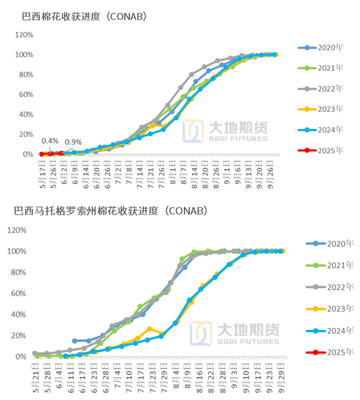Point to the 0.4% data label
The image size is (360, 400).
(x=49, y=141)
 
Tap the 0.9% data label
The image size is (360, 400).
(x=73, y=142)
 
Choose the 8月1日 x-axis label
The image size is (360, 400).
(x=172, y=172)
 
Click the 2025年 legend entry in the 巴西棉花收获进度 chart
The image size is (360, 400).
(x=321, y=150)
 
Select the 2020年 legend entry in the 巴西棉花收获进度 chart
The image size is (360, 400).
(x=321, y=48)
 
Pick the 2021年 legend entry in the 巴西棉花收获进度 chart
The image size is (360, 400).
(x=321, y=68)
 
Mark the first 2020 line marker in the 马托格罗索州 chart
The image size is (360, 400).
(x=75, y=341)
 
